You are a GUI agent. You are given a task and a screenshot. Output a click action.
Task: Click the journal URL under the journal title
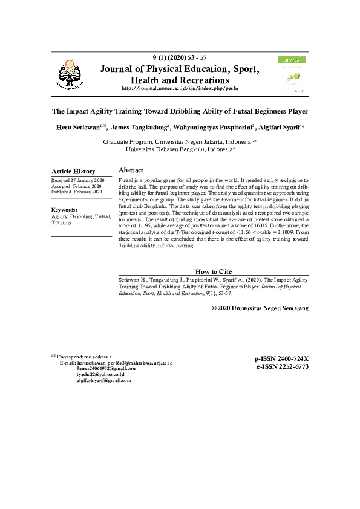[x=180, y=89]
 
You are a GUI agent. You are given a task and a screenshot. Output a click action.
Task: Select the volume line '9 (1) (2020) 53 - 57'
[x=180, y=57]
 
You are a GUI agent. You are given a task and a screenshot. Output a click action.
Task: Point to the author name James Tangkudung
[x=139, y=128]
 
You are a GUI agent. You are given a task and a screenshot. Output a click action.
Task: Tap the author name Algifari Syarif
[x=279, y=128]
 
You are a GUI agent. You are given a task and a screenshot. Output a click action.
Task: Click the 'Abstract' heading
[x=131, y=170]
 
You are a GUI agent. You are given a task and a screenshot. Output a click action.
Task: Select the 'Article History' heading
[x=73, y=172]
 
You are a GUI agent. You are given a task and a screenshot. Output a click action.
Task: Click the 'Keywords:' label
[x=64, y=210]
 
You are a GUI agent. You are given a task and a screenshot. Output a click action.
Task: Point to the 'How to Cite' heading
[x=214, y=271]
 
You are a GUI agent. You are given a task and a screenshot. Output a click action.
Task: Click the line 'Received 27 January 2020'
[x=78, y=181]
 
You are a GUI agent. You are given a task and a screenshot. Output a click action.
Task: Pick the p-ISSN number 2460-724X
[x=282, y=358]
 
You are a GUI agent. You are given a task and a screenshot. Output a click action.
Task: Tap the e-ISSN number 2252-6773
[x=282, y=366]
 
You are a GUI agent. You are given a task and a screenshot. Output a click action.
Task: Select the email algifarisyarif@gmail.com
[x=103, y=381]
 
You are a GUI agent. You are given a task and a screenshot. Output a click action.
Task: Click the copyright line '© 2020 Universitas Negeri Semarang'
[x=260, y=308]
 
